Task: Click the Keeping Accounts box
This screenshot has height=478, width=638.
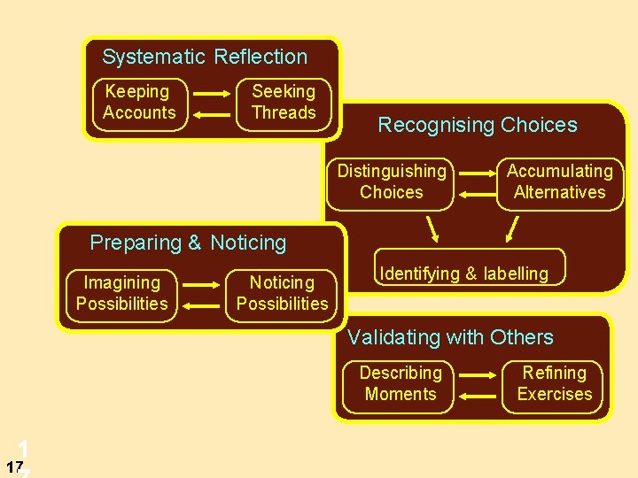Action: coord(140,104)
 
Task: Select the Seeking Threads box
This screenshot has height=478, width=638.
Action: coord(284,103)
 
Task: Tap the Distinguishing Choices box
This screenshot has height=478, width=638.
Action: coord(391,182)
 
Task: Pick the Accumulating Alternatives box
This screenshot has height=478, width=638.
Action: coord(559,182)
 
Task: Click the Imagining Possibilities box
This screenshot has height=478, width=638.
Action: coord(122,294)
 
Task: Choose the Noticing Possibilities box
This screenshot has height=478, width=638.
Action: coord(282,294)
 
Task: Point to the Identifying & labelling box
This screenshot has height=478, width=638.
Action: coord(464,274)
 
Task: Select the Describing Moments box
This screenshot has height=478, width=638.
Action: coord(401,384)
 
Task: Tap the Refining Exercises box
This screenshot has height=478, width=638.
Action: coord(555,384)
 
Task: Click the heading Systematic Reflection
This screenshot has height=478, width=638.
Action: coord(205,58)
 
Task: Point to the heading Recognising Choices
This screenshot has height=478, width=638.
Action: coord(478,126)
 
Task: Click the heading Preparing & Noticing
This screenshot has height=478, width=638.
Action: coord(189,243)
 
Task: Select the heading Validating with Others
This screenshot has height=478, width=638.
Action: coord(450,337)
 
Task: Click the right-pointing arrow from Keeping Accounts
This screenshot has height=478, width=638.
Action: coord(214,94)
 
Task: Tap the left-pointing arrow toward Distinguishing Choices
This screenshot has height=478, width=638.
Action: coord(476,192)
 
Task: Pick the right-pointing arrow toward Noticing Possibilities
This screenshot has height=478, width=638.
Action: coord(199,286)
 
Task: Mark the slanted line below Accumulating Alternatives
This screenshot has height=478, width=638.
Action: coord(512,228)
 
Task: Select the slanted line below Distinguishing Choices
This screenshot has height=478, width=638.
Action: coord(433,228)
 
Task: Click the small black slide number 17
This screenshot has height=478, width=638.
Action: coord(13,466)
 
